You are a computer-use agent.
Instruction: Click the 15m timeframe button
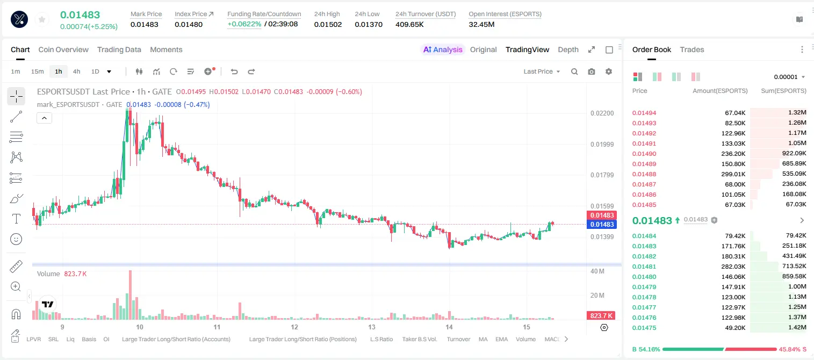click(38, 71)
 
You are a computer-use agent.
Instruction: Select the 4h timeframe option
click(76, 71)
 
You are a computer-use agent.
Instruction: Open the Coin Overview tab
click(63, 49)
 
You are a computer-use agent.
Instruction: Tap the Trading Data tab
click(119, 49)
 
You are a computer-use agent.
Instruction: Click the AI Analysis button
click(443, 49)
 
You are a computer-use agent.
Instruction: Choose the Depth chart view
click(568, 49)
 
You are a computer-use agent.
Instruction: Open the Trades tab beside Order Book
click(692, 49)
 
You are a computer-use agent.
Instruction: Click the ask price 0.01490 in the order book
click(644, 154)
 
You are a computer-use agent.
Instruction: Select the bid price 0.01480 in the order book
click(644, 277)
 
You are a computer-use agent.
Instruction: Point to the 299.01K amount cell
click(733, 174)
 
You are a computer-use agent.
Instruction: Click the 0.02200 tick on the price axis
click(602, 113)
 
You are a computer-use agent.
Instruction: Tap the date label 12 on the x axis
click(294, 327)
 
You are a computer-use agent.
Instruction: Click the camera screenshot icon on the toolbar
click(592, 71)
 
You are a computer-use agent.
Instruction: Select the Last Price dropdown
click(542, 71)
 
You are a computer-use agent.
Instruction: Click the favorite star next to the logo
click(42, 20)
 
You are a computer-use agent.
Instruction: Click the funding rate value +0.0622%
click(244, 24)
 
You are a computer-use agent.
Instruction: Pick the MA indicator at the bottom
click(483, 339)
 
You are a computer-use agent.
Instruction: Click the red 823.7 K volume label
click(601, 316)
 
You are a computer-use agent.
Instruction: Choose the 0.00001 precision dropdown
click(789, 77)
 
